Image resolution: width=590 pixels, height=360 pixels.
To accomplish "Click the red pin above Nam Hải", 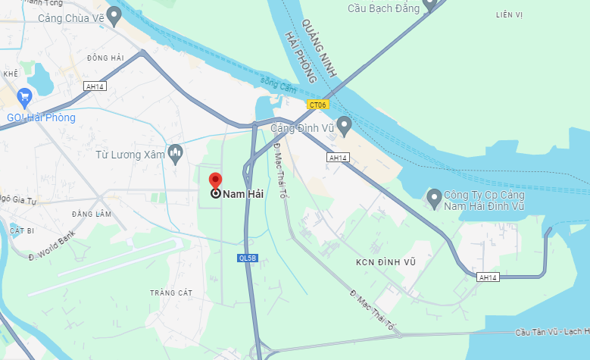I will [x=215, y=180].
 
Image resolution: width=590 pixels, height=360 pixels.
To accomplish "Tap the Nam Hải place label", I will [x=242, y=194].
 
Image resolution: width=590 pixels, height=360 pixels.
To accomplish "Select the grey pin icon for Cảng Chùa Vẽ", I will [x=114, y=14].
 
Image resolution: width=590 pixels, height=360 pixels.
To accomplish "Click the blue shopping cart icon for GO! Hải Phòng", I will [x=24, y=96].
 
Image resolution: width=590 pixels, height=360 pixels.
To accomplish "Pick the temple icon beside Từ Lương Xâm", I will [x=176, y=154].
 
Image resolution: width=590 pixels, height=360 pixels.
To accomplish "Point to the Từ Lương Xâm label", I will [x=130, y=155].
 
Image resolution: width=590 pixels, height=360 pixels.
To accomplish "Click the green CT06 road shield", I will [x=317, y=105].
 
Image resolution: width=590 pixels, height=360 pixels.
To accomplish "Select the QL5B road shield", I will [x=248, y=258].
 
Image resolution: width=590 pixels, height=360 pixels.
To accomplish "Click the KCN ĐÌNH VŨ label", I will [x=386, y=262].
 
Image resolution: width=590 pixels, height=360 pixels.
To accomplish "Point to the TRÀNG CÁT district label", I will [x=171, y=293].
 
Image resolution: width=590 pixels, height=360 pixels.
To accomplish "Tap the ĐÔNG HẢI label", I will [x=105, y=58].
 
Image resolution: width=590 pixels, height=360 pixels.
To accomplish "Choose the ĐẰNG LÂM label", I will [x=92, y=214].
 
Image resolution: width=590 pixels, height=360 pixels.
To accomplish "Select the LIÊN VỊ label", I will [x=509, y=14].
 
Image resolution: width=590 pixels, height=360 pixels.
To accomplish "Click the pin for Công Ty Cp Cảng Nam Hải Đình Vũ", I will [x=434, y=199].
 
